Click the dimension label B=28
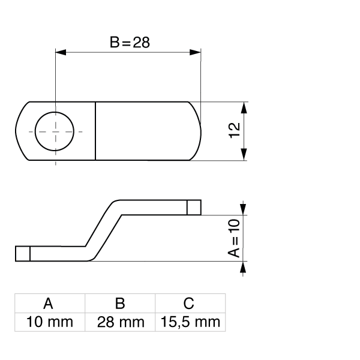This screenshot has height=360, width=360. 129,43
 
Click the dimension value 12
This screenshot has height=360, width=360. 235,130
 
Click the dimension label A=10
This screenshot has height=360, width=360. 235,238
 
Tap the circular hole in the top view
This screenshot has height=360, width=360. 55,131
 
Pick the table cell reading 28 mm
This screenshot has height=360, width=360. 120,322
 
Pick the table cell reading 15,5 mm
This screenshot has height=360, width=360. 190,322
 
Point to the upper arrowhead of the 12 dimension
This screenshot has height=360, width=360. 244,107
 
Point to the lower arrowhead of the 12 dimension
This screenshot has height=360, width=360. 244,155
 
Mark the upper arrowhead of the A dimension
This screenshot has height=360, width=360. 244,208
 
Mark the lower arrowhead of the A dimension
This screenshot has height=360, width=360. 244,268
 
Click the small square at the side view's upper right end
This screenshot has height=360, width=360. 193,207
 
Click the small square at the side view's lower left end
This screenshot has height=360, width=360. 22,254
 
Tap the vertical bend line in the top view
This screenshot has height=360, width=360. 95,131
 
